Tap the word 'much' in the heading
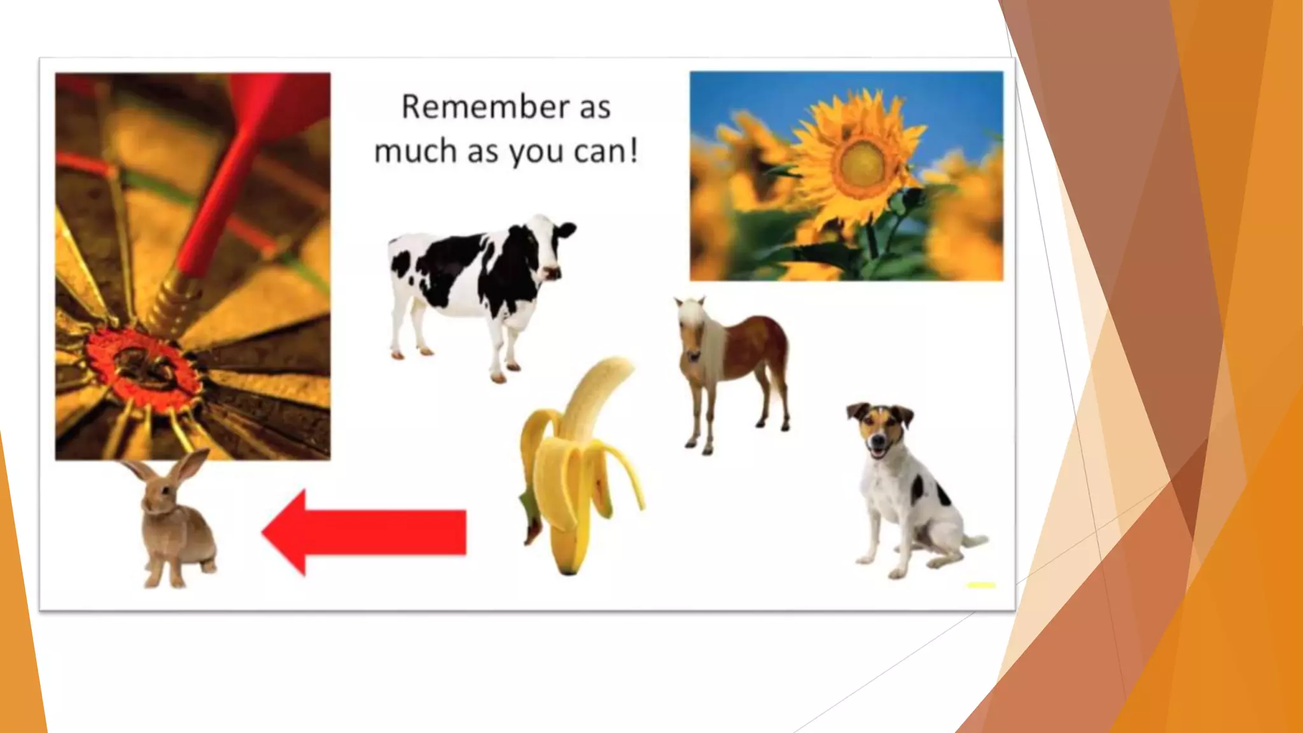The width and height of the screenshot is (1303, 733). pos(415,152)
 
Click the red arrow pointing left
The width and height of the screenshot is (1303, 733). pos(365,532)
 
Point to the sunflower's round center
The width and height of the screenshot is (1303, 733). pos(862,163)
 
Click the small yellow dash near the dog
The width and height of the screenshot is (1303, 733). pos(981,585)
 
